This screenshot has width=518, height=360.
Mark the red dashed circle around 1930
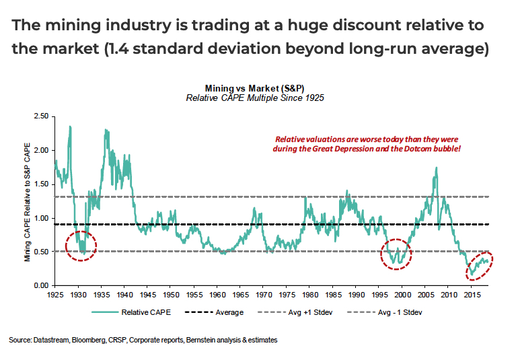tap(81, 247)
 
